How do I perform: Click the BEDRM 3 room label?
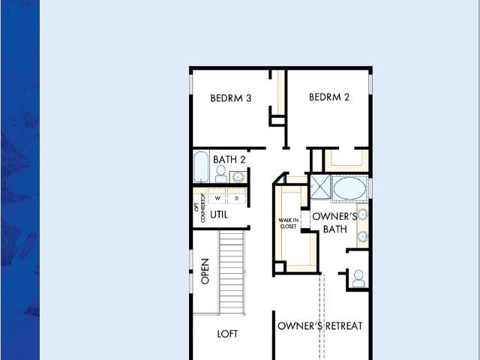click(231, 98)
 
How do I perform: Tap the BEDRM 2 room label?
click(329, 97)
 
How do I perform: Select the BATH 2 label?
click(229, 160)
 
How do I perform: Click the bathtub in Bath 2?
click(201, 166)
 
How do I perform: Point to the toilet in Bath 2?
click(220, 174)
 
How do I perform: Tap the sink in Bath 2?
click(238, 177)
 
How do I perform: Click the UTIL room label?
click(219, 215)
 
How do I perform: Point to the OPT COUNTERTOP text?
click(199, 208)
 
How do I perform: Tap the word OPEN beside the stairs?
click(205, 271)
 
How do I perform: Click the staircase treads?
click(232, 272)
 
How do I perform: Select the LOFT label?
click(227, 334)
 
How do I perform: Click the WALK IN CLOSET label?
click(288, 223)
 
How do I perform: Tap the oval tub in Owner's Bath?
click(349, 188)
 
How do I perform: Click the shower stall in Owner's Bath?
click(320, 187)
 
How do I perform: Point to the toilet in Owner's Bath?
click(358, 278)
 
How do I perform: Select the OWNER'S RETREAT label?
click(320, 325)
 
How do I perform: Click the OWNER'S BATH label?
click(334, 223)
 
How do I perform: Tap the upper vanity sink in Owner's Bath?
click(362, 214)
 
